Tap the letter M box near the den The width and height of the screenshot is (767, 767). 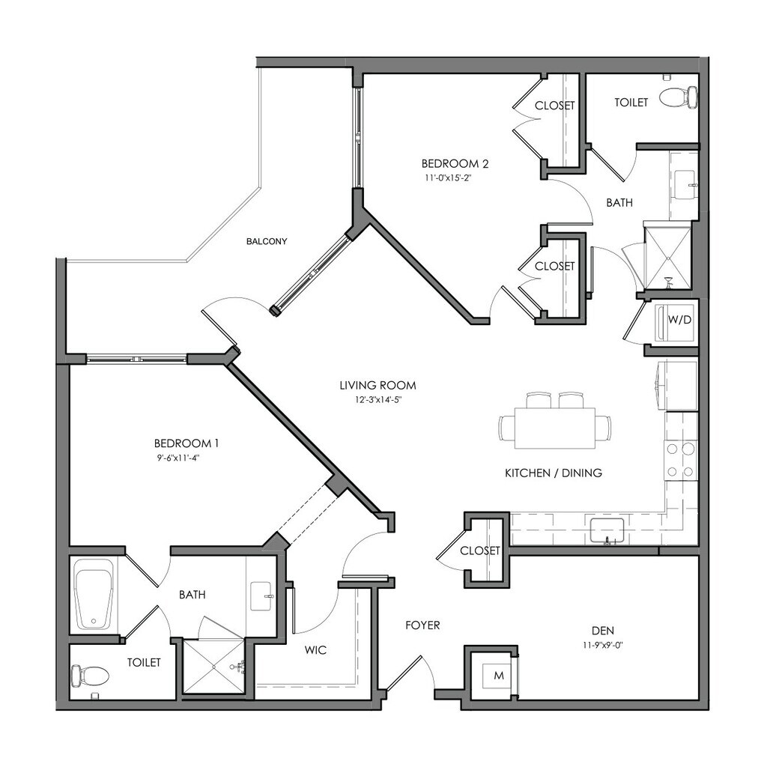point(499,676)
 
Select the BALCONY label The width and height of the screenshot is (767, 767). point(267,241)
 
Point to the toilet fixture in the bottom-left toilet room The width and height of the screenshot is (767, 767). point(88,676)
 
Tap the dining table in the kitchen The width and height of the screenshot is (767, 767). point(556,428)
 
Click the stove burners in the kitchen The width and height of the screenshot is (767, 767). point(681,460)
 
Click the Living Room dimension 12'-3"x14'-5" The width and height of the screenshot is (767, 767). point(378,400)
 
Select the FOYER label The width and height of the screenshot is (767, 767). point(422,625)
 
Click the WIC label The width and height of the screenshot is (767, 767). point(316,650)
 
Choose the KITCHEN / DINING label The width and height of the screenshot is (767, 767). point(554,473)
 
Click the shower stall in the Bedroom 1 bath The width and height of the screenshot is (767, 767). point(214,667)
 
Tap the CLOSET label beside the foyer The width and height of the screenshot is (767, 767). point(480,551)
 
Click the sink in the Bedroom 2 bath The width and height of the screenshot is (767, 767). point(685,183)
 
